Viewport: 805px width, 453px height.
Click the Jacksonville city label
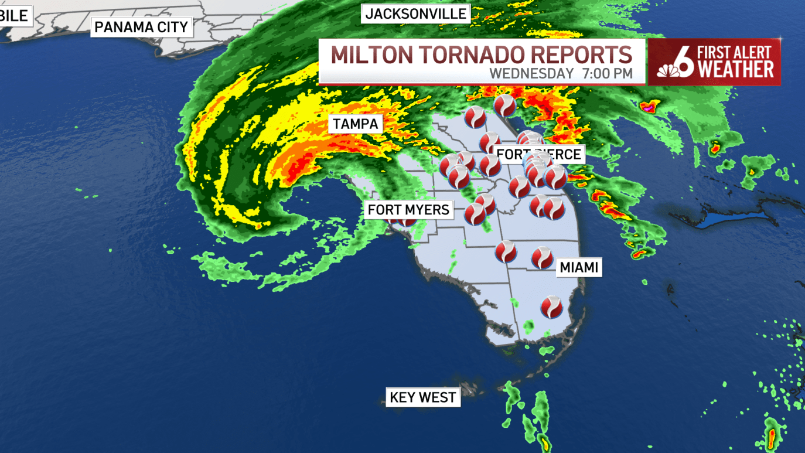tap(416, 13)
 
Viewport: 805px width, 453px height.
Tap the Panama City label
tap(141, 27)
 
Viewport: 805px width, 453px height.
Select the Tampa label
tap(355, 124)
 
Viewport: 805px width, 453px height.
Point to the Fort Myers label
tap(408, 209)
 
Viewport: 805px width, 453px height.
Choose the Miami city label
tap(579, 267)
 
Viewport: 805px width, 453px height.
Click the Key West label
tap(422, 397)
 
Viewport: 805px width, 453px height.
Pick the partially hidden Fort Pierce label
tap(539, 154)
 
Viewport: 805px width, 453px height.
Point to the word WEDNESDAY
tap(531, 74)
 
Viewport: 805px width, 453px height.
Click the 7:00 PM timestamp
tap(608, 74)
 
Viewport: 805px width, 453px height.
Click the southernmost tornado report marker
tap(551, 307)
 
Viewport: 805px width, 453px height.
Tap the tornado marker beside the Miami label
tap(543, 258)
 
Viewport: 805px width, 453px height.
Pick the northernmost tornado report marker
tap(504, 105)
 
